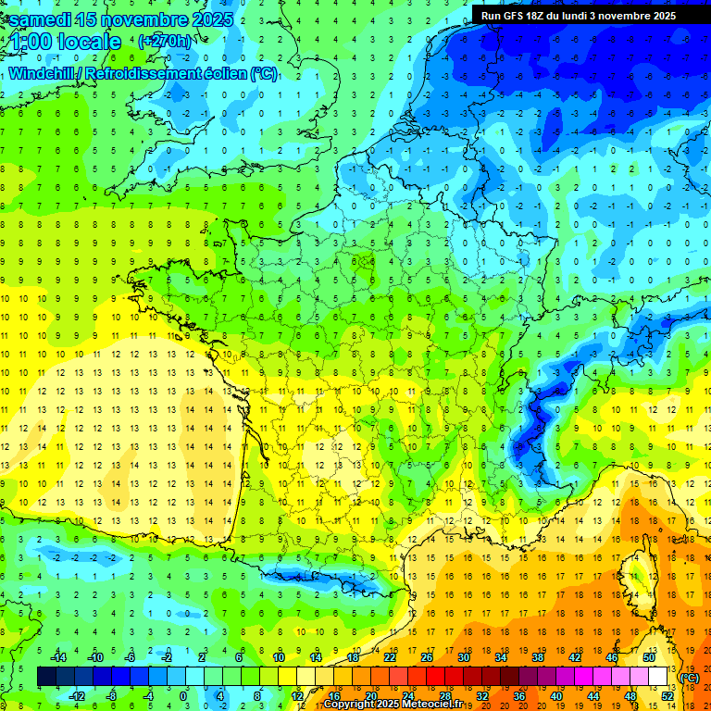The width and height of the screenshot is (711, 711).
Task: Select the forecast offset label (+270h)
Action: click(x=165, y=42)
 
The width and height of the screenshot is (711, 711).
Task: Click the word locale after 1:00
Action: click(x=89, y=42)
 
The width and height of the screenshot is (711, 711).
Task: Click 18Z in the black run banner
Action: click(x=539, y=16)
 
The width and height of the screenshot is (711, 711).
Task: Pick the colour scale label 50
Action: click(x=648, y=656)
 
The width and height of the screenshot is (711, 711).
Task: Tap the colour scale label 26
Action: click(x=427, y=656)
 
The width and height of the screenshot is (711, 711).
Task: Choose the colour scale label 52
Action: click(x=667, y=696)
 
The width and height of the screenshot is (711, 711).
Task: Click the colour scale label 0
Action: click(x=184, y=696)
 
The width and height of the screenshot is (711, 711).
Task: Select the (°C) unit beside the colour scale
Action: click(x=690, y=678)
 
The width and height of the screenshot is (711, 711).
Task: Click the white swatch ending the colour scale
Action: click(x=658, y=676)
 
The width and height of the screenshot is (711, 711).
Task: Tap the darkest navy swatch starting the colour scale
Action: click(x=46, y=676)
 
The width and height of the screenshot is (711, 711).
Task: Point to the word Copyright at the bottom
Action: click(x=353, y=705)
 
